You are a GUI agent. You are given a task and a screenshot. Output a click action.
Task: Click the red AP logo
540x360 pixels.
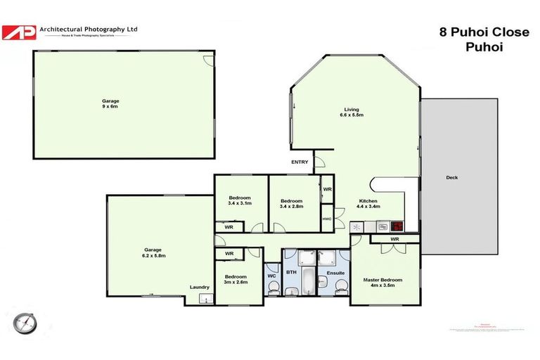pyautogui.click(x=18, y=32)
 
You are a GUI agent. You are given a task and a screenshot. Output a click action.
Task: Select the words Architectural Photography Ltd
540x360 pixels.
pyautogui.click(x=88, y=29)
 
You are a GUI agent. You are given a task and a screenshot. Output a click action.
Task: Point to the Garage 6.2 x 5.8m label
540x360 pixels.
pyautogui.click(x=153, y=252)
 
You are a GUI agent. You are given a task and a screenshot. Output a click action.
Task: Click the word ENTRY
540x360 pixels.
pyautogui.click(x=300, y=162)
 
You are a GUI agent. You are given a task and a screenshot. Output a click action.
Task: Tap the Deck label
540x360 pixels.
pyautogui.click(x=451, y=177)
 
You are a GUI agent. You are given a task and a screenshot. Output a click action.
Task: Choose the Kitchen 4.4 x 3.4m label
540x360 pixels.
pyautogui.click(x=368, y=203)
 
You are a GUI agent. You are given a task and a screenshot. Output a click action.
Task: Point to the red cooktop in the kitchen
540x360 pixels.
pyautogui.click(x=397, y=226)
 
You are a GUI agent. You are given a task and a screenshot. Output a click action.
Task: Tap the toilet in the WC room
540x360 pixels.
pyautogui.click(x=272, y=285)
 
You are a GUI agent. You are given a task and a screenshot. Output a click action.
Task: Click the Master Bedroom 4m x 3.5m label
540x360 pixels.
pyautogui.click(x=382, y=283)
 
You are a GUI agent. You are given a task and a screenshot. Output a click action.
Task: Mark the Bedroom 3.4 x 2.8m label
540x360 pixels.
pyautogui.click(x=294, y=203)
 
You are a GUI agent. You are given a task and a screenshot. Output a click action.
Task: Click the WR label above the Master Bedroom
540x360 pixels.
pyautogui.click(x=394, y=240)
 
